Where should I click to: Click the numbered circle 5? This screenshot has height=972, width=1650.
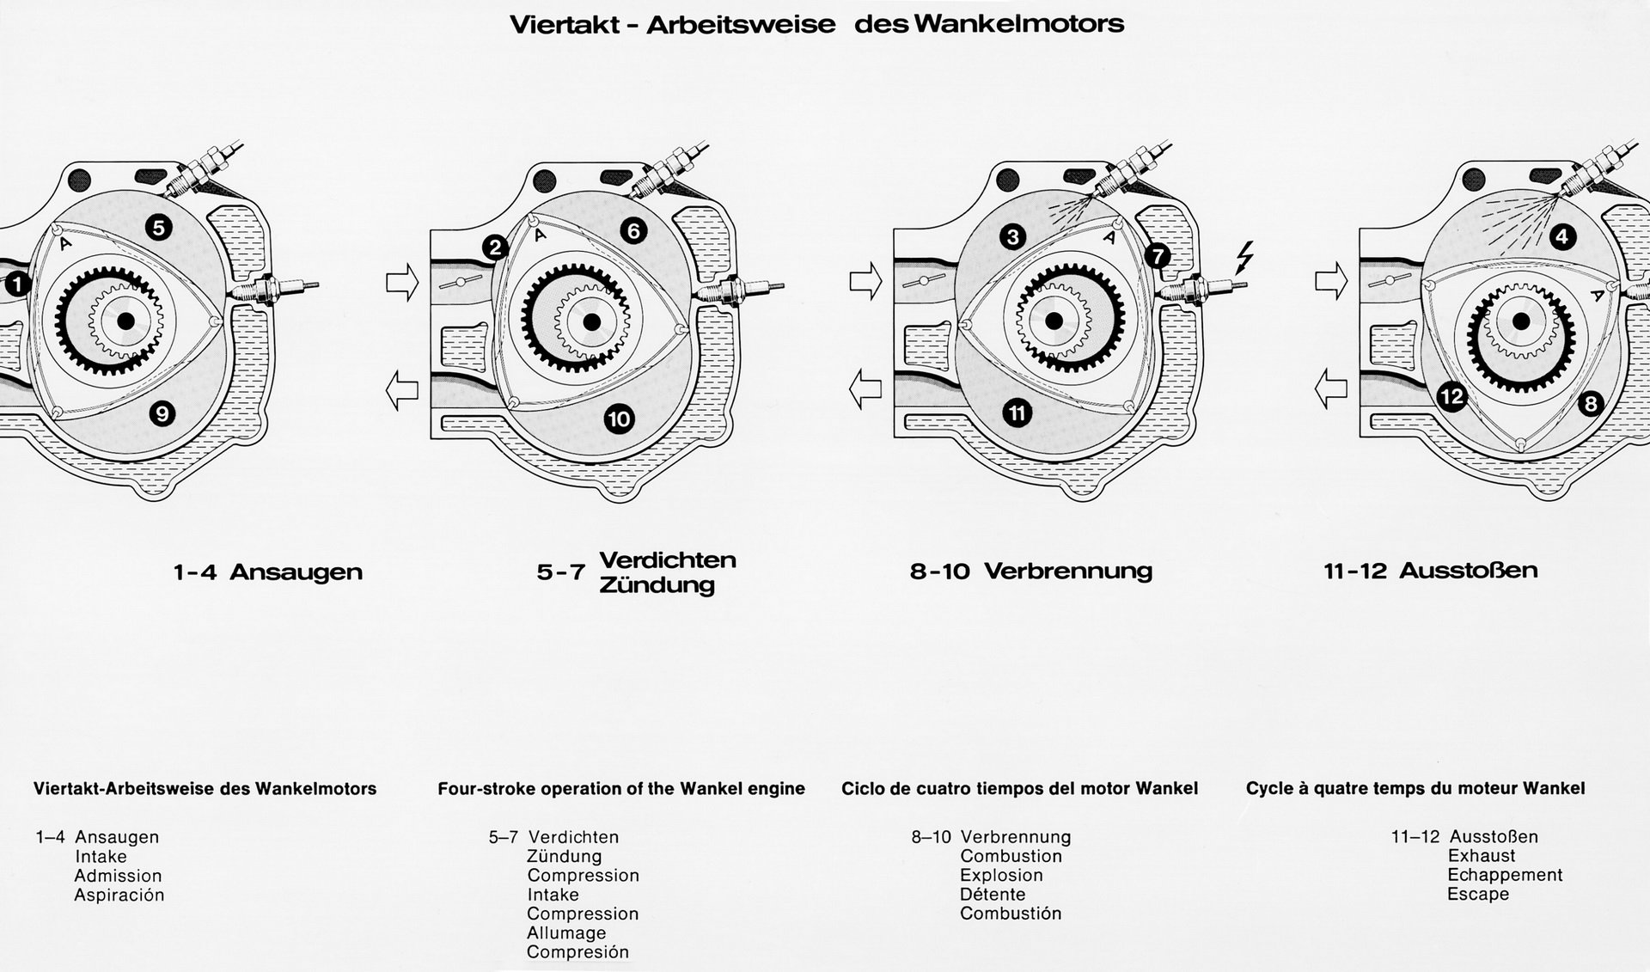(x=159, y=228)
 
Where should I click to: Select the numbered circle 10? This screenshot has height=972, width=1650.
(x=619, y=419)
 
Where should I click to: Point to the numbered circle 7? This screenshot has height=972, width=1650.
(x=1157, y=255)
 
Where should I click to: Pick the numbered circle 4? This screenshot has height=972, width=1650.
(x=1562, y=236)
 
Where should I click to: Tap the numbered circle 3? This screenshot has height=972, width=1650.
(x=1013, y=236)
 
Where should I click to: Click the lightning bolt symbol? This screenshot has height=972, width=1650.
(x=1243, y=257)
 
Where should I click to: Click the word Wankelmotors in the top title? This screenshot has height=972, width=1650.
(x=1018, y=23)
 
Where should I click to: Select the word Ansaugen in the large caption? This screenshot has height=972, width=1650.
(x=296, y=572)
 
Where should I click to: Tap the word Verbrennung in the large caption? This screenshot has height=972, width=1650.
(x=1067, y=571)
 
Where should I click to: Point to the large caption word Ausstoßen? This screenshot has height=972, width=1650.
(x=1468, y=571)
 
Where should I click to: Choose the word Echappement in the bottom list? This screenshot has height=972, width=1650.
(x=1505, y=875)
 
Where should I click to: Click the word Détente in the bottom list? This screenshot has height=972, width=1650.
(x=993, y=894)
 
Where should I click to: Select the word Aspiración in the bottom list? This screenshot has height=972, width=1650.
(x=119, y=895)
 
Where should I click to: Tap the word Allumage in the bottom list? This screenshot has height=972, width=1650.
(x=566, y=932)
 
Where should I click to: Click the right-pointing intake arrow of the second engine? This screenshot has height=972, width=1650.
(x=401, y=281)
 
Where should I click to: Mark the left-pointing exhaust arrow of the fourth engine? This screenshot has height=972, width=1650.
(x=1331, y=388)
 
